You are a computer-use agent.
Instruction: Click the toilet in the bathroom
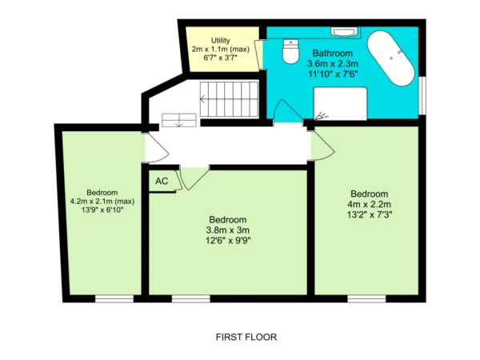290,51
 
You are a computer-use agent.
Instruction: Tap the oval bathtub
391,58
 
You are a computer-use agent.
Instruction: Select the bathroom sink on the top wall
343,32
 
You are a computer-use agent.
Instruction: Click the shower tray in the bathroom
340,104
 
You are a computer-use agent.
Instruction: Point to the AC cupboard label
162,182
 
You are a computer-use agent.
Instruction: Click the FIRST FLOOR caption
246,337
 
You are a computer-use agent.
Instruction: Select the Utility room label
221,41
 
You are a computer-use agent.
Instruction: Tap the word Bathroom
333,54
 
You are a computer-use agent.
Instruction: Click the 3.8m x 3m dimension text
228,230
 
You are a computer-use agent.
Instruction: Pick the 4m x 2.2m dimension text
369,204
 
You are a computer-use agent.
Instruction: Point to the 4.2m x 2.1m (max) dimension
102,202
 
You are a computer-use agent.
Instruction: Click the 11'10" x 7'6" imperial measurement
333,74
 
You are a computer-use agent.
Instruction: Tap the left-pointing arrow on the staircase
203,99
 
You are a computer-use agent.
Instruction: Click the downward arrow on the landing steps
179,124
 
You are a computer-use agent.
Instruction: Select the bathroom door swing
287,111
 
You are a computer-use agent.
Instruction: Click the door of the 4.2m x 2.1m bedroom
157,147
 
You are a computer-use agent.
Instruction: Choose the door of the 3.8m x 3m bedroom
194,178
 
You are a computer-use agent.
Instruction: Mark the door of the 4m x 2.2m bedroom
322,146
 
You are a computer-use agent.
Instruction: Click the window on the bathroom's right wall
422,95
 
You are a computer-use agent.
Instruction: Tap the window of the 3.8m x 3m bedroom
191,298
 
